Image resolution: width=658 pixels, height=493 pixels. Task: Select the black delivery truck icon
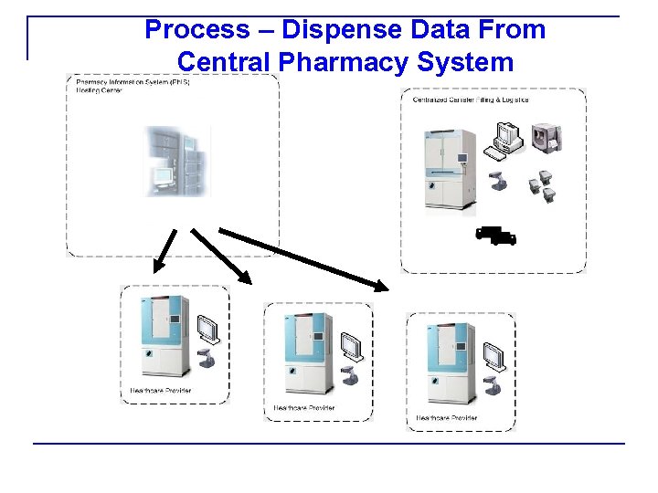(x=496, y=236)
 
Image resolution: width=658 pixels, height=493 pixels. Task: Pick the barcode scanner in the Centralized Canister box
(x=498, y=179)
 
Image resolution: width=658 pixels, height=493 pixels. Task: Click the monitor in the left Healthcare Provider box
(x=209, y=329)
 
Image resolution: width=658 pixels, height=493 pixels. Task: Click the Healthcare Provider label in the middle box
(x=304, y=408)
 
